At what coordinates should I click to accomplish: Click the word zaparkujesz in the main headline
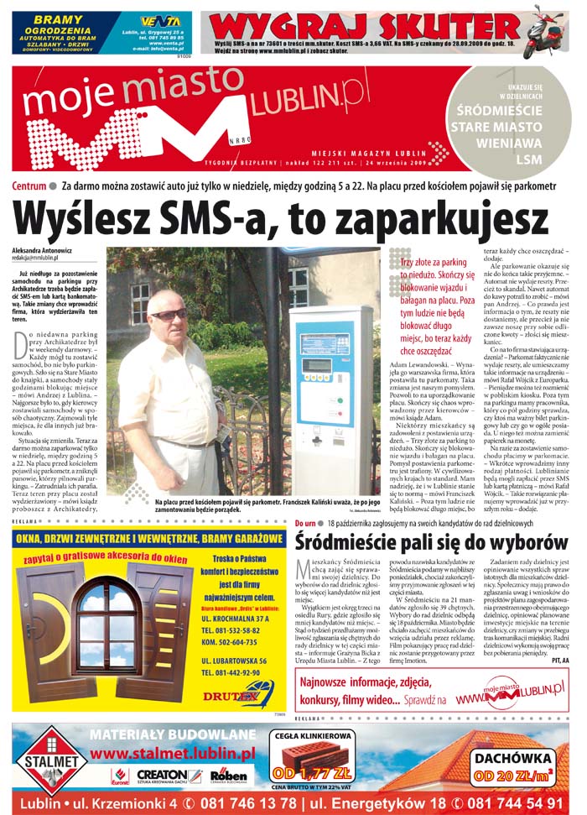(x=409, y=219)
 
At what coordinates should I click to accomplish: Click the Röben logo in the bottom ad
(x=228, y=776)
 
